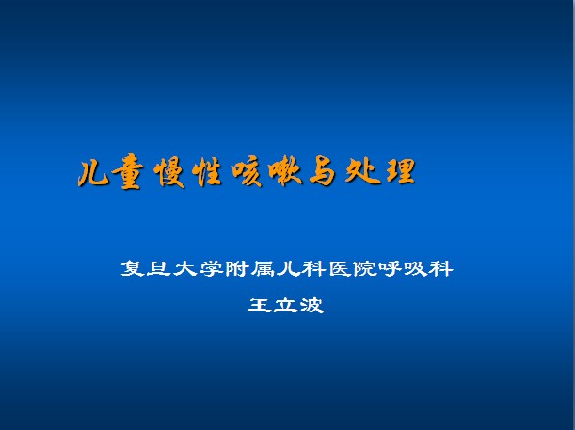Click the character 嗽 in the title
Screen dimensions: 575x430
[x=285, y=171]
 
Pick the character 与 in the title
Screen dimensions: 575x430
[x=323, y=171]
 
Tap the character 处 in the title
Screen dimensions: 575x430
[x=362, y=170]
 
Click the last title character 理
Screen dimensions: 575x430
[x=401, y=170]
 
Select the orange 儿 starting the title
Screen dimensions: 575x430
[x=92, y=174]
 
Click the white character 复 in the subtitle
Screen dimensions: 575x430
[x=133, y=268]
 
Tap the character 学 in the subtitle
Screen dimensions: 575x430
[x=210, y=268]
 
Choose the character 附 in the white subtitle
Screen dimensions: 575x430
[x=236, y=268]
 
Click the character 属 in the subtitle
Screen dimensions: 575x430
[x=263, y=268]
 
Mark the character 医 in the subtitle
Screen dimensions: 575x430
[x=340, y=268]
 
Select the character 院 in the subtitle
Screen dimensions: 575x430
[x=365, y=268]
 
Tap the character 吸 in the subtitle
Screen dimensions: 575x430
[x=416, y=268]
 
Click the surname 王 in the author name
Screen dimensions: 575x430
[x=259, y=305]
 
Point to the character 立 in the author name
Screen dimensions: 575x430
[x=285, y=305]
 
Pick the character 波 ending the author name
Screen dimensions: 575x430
[x=312, y=305]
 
